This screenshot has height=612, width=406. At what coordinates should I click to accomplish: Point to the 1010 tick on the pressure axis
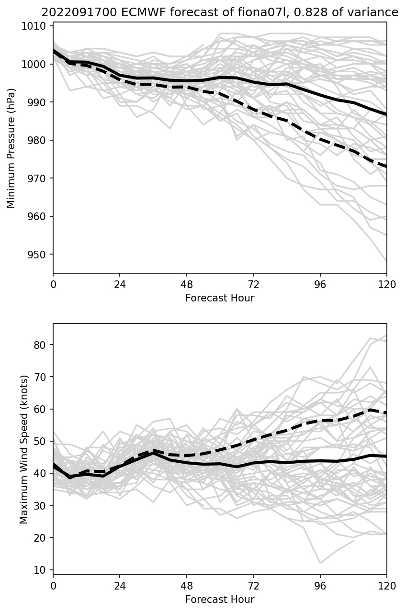[x=36, y=26]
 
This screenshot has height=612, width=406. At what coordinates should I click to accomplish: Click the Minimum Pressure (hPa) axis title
[x=11, y=148]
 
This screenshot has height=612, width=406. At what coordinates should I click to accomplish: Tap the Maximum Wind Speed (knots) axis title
[x=24, y=449]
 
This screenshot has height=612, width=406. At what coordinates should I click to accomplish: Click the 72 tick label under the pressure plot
[x=253, y=284]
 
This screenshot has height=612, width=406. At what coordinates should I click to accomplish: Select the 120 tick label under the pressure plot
[x=387, y=284]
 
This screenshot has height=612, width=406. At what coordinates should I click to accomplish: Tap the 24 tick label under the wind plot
[x=120, y=586]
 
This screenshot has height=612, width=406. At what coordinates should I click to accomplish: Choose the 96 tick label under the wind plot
[x=320, y=586]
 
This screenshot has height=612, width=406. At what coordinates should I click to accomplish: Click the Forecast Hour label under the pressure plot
[x=220, y=298]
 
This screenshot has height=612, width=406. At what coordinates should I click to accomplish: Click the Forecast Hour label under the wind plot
[x=220, y=600]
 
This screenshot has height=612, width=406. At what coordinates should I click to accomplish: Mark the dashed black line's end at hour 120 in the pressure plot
[x=386, y=167]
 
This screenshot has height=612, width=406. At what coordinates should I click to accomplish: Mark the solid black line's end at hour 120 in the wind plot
[x=386, y=456]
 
